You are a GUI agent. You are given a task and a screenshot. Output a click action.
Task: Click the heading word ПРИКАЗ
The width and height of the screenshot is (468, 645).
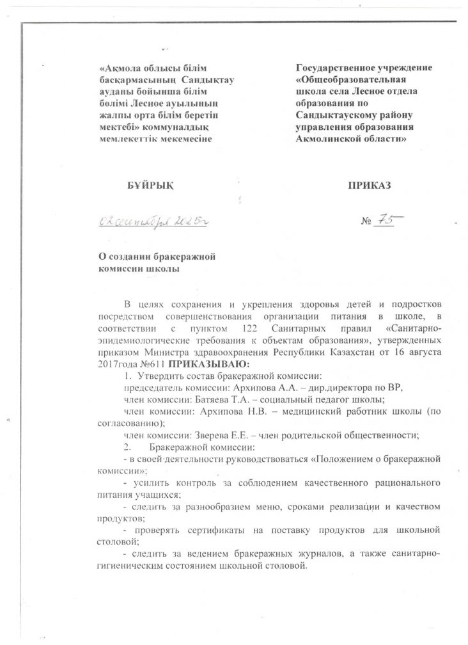tap(369, 186)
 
